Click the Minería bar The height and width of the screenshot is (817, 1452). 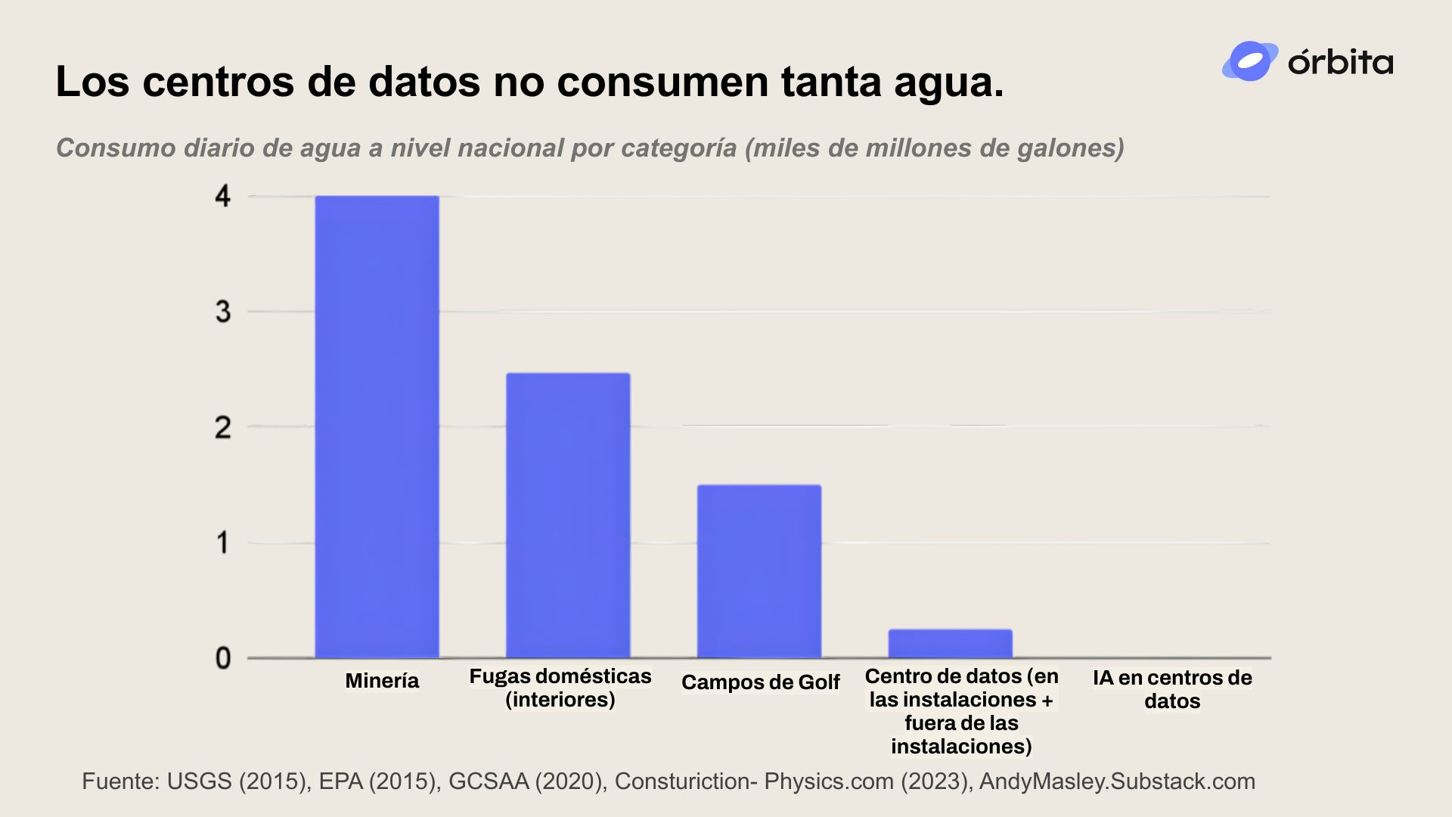point(377,427)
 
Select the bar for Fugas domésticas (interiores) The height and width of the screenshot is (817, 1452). point(568,515)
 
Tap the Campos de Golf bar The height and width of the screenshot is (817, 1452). point(759,571)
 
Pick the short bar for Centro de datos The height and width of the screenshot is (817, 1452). point(950,644)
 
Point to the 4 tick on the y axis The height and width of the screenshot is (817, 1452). point(222,197)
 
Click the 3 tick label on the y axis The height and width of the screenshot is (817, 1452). point(222,312)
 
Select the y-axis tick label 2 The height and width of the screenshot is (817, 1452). point(222,427)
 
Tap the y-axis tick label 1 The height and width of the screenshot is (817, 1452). point(222,542)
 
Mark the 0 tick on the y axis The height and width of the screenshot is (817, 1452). point(222,658)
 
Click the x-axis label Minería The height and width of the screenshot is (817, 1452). point(382,681)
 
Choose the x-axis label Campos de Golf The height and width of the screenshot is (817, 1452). point(760,682)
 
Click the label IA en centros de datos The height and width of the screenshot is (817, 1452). point(1172,689)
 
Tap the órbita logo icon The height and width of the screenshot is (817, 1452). point(1249,61)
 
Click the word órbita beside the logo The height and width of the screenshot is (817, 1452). point(1340,62)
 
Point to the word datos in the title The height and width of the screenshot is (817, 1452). point(424,82)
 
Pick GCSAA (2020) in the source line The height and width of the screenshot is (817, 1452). point(526,781)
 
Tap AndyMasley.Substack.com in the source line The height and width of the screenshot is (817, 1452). point(1117,781)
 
